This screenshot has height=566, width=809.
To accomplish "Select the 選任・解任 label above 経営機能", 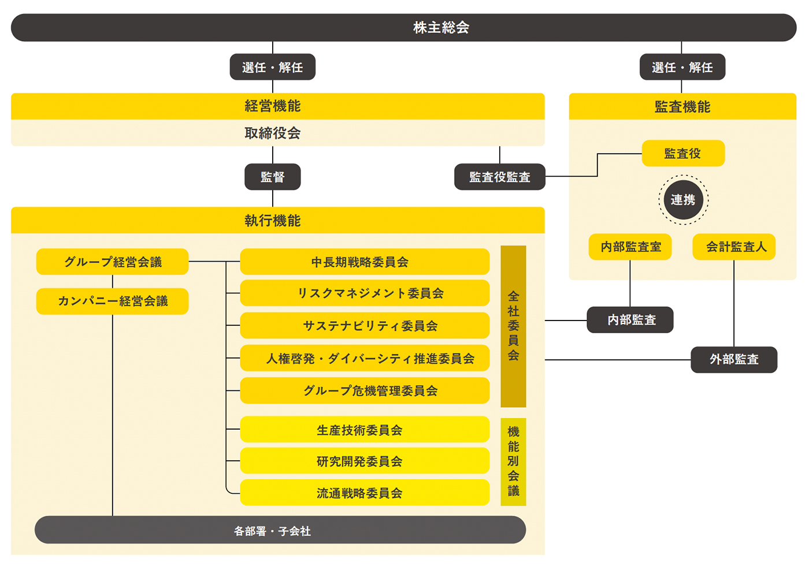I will [273, 67].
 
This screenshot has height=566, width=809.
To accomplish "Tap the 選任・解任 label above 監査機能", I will [682, 67].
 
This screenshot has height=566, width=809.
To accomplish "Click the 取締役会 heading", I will [273, 133].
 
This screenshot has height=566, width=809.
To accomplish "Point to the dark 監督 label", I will [273, 177].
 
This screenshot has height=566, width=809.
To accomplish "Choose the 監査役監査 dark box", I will [500, 177].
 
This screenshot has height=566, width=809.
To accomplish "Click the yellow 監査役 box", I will [683, 154].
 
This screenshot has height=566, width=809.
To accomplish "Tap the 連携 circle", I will [683, 200].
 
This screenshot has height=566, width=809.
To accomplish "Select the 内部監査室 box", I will [630, 247].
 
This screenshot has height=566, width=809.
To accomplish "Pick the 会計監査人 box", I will [734, 247].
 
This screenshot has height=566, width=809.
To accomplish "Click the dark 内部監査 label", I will [630, 320].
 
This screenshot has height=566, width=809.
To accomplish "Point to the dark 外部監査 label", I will [734, 360].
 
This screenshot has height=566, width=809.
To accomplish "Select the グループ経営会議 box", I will [113, 262].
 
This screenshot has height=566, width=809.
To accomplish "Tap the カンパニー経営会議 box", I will [113, 301].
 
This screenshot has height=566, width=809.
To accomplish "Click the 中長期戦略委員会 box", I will [365, 262].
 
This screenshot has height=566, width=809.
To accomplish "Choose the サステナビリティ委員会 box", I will [365, 326].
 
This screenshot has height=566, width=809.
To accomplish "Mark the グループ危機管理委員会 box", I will [365, 391].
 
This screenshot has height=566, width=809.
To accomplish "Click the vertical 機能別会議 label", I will [513, 461].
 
